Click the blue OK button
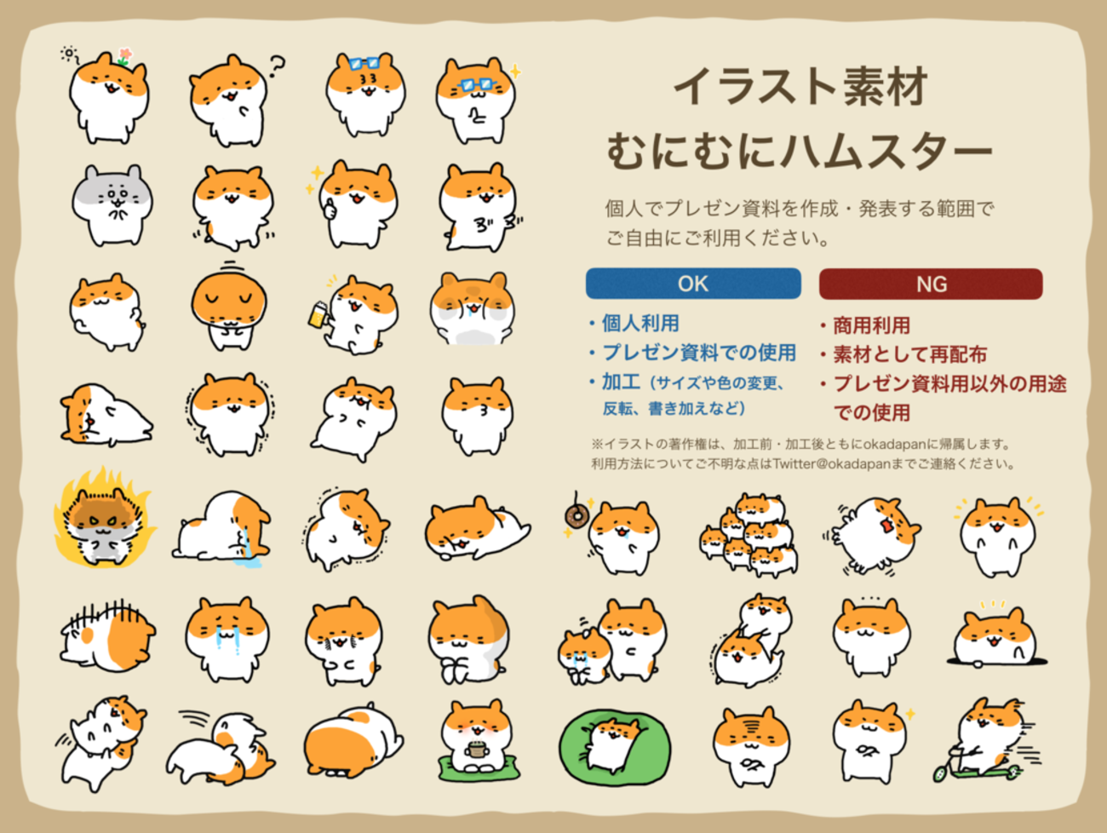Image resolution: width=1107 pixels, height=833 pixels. click(693, 284)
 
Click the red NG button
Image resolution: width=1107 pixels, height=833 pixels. click(931, 284)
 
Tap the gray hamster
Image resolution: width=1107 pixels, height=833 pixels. click(112, 204)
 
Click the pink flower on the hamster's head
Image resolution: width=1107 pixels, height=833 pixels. click(125, 55)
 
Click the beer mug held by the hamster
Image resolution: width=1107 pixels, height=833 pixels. click(318, 313)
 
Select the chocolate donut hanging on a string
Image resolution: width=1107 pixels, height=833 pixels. click(575, 515)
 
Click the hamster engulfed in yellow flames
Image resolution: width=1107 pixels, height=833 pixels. click(105, 520)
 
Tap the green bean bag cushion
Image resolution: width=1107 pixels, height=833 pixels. click(615, 747)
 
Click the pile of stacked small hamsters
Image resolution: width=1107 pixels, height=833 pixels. click(749, 535)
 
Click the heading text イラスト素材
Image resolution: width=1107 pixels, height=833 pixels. click(800, 87)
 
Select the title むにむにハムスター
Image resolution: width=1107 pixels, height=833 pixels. click(800, 150)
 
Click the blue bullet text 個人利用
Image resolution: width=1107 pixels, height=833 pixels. click(640, 323)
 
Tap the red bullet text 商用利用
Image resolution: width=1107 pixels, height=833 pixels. click(871, 325)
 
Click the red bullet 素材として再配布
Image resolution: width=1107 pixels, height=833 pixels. click(909, 354)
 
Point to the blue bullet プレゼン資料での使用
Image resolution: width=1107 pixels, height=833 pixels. click(699, 353)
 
